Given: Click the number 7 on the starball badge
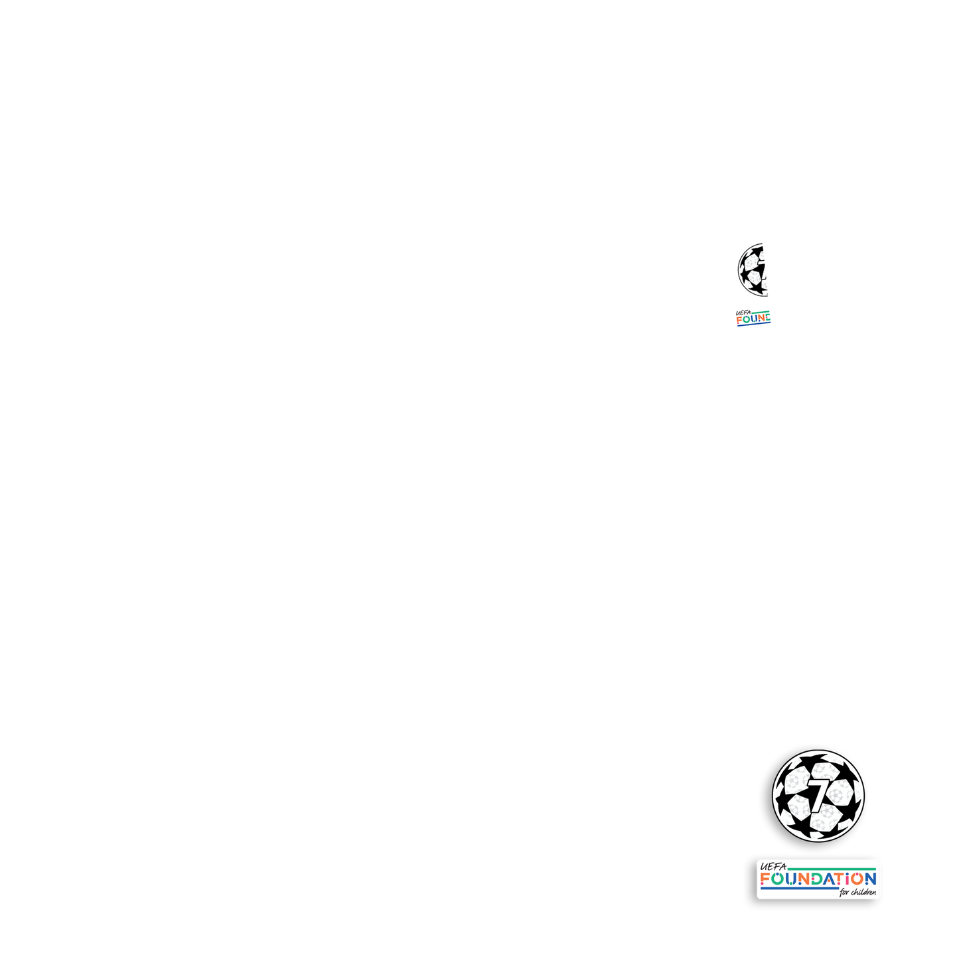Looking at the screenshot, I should click(x=819, y=794).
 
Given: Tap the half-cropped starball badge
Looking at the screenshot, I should click(x=754, y=269).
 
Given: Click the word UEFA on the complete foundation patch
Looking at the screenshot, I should click(x=773, y=867).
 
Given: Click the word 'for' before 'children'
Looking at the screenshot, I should click(x=844, y=893).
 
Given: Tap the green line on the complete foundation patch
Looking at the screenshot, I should click(x=832, y=868).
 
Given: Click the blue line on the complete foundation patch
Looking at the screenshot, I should click(x=799, y=889).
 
